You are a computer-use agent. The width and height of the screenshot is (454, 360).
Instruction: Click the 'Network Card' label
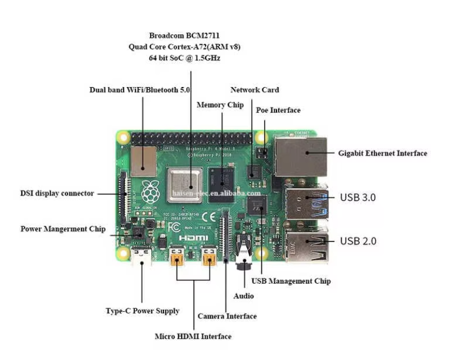click(x=255, y=90)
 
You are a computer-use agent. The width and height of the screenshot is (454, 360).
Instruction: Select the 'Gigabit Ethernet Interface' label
click(x=382, y=153)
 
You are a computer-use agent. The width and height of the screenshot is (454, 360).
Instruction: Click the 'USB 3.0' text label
click(x=358, y=197)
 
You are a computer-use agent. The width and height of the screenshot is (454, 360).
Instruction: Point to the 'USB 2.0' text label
click(x=358, y=241)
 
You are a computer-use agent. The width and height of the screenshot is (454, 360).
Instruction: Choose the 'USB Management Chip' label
click(x=291, y=281)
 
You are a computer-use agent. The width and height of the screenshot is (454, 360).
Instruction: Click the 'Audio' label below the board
click(x=243, y=296)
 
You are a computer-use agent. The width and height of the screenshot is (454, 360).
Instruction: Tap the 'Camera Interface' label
click(x=227, y=316)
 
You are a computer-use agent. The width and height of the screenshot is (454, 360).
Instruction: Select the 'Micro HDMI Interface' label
click(x=193, y=336)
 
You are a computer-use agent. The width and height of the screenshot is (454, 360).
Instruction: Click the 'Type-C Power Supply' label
click(x=143, y=311)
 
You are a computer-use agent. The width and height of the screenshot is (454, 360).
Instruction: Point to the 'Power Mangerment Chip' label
click(x=63, y=229)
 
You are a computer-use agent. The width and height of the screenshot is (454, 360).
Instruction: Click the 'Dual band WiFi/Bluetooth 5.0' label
click(x=140, y=90)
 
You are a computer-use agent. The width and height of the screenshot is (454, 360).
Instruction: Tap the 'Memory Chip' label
click(x=220, y=105)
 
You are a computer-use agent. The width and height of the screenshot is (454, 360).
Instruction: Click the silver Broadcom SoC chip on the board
click(x=185, y=183)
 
